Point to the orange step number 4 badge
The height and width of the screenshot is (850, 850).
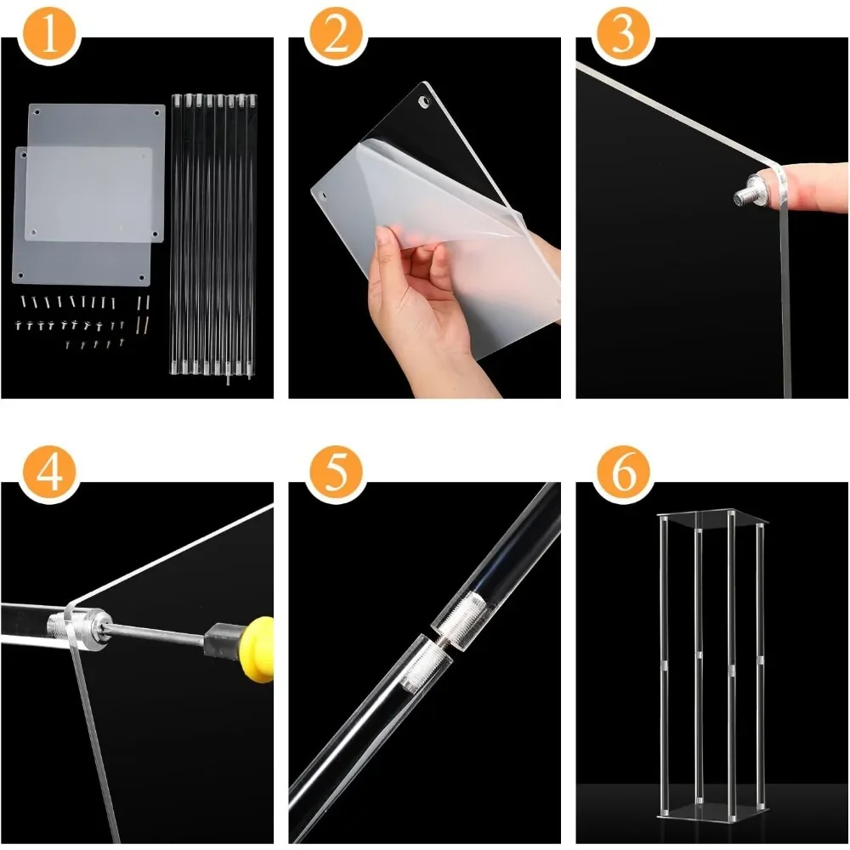point(49,473)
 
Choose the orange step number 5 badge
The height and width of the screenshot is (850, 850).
point(336,473)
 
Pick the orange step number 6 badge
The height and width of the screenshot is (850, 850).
point(623,473)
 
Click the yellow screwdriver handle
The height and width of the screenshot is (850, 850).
point(258,649)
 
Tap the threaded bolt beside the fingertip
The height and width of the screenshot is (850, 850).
point(749,190)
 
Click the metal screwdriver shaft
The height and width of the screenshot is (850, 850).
point(158,632)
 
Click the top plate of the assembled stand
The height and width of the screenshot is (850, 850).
point(712,518)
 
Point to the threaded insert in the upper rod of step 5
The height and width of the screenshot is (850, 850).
point(461,616)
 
